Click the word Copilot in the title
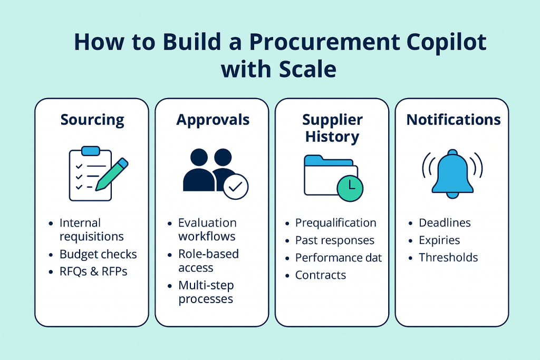click(446, 42)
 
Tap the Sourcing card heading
click(92, 120)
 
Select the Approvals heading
click(213, 120)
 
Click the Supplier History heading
click(332, 128)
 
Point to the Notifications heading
click(454, 120)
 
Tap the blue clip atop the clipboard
click(91, 151)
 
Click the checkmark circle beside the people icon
click(236, 187)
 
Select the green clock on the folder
click(350, 188)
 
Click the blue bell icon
click(452, 174)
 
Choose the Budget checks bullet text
click(98, 254)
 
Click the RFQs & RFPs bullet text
click(93, 271)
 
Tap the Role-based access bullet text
click(208, 260)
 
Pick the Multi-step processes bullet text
click(206, 292)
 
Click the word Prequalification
click(335, 223)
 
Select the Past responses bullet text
click(335, 240)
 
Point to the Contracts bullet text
click(321, 275)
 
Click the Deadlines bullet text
click(445, 222)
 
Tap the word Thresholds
click(448, 257)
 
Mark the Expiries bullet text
click(439, 240)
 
